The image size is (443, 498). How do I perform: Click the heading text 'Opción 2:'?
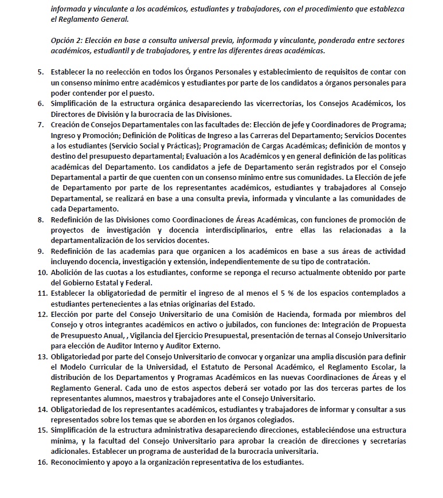[x=66, y=41]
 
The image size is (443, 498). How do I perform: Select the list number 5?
[x=40, y=72]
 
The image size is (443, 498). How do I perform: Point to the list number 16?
[x=42, y=462]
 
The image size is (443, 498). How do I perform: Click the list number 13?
[x=42, y=356]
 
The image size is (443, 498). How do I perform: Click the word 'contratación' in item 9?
[x=344, y=261]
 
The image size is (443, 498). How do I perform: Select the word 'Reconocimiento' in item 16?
[x=78, y=462]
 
